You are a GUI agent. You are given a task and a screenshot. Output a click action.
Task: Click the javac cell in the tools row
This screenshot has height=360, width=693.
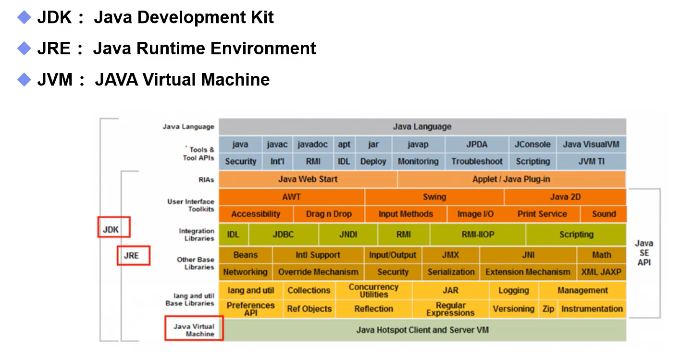(277, 144)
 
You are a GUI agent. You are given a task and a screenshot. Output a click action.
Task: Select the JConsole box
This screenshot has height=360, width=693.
(532, 144)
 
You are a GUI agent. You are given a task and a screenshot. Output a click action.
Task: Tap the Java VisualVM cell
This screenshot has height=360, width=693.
(591, 144)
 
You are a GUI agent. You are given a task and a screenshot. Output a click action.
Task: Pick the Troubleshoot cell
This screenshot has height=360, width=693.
(477, 161)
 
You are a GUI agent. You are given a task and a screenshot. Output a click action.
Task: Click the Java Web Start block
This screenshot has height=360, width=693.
(308, 179)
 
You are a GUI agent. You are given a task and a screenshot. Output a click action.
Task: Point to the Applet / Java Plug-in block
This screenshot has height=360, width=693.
(511, 179)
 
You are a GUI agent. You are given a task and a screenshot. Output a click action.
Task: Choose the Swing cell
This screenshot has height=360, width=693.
(434, 197)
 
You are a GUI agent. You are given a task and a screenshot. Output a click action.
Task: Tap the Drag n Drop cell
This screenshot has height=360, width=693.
(329, 214)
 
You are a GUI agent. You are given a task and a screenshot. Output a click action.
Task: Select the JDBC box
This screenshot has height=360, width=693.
(283, 235)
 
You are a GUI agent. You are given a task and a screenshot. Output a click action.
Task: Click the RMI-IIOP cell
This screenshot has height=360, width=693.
(478, 235)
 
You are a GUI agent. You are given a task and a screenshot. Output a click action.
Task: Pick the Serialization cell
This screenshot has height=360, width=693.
(451, 272)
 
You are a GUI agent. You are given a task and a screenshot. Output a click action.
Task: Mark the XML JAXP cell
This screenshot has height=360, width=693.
(601, 272)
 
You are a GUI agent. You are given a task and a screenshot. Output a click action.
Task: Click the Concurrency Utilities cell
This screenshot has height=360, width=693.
(374, 290)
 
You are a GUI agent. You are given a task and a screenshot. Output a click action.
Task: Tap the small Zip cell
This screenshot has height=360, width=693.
(548, 309)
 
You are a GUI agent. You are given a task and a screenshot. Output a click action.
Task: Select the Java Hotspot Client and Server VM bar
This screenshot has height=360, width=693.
(422, 330)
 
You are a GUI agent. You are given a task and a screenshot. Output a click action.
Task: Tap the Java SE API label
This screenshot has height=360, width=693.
(644, 253)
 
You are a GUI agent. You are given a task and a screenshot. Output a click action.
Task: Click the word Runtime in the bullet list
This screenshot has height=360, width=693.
(171, 48)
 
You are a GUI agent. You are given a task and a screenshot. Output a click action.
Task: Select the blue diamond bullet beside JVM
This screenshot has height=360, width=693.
(24, 80)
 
